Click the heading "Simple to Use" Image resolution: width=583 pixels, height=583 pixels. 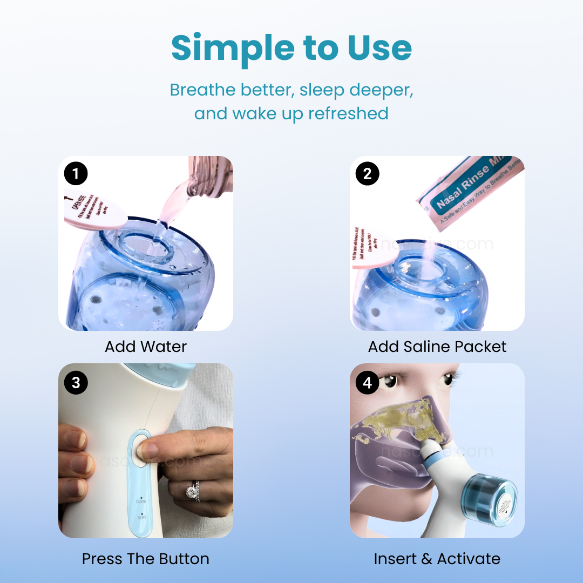[291, 49]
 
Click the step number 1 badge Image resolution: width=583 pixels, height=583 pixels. [76, 174]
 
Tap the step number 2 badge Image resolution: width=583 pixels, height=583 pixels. [368, 174]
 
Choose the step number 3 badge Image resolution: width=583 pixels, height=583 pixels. [76, 382]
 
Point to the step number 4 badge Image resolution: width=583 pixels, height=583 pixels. [368, 382]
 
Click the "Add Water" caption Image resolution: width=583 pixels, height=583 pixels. [146, 347]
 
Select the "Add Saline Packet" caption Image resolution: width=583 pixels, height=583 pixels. [437, 347]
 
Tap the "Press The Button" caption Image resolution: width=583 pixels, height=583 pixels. [146, 559]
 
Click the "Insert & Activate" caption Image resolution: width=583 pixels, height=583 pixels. [437, 559]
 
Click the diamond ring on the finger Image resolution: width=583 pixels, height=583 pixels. [193, 492]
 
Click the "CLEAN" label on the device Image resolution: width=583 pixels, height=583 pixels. [141, 501]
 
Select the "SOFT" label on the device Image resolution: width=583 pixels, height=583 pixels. [141, 518]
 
